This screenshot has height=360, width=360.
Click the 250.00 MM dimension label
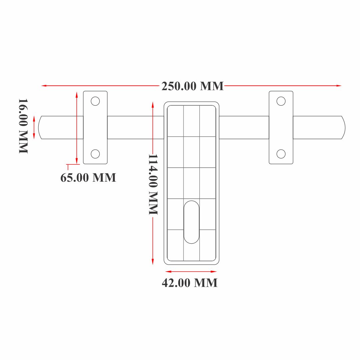click(192, 86)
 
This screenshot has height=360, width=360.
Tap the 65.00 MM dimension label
click(88, 177)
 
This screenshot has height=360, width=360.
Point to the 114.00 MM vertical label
click(153, 184)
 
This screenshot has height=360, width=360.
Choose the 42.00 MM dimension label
click(190, 283)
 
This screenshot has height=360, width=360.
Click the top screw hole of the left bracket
click(95, 101)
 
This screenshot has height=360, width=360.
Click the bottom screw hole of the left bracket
click(95, 154)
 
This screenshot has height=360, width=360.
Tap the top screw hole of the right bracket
click(281, 101)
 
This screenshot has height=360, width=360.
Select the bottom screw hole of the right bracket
click(281, 154)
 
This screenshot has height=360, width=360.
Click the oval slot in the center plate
click(192, 222)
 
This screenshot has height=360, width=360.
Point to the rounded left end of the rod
click(40, 127)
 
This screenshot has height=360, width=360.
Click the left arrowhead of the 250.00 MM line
click(43, 86)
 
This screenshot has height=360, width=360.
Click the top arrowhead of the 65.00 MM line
click(77, 94)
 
